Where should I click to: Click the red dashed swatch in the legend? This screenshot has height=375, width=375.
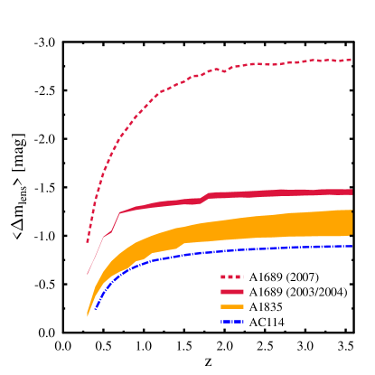(x=231, y=277)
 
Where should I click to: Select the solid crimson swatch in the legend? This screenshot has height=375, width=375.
(x=231, y=292)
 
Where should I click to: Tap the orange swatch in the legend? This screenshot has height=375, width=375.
(x=231, y=306)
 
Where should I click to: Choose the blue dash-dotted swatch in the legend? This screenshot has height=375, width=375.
(x=231, y=321)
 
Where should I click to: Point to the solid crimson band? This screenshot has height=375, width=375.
(x=271, y=192)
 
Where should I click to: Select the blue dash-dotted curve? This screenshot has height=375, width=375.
(x=226, y=251)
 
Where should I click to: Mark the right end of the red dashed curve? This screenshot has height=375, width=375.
(x=352, y=60)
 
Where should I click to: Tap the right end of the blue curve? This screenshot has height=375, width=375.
(x=352, y=246)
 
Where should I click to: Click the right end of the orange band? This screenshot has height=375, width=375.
(x=352, y=222)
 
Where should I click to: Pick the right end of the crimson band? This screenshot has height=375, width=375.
(x=352, y=192)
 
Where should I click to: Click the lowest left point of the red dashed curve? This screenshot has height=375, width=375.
(x=88, y=242)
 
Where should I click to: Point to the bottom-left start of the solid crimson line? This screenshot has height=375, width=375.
(x=88, y=274)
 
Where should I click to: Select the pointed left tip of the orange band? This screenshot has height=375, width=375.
(x=88, y=315)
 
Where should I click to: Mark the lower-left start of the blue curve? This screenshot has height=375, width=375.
(x=94, y=310)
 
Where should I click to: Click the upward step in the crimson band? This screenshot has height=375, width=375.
(x=207, y=195)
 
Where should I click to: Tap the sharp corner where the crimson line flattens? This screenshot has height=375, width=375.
(x=119, y=213)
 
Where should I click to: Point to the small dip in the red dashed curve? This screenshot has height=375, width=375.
(x=224, y=70)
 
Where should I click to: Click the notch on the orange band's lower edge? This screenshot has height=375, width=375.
(x=184, y=245)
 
